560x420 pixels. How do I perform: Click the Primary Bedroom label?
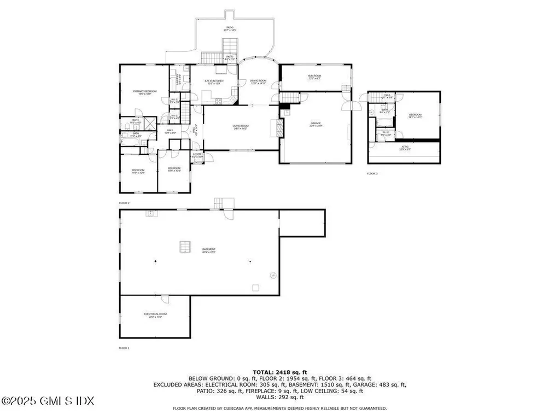tap(144, 92)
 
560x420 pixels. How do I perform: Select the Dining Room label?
tap(258, 83)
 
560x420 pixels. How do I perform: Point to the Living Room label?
tap(241, 127)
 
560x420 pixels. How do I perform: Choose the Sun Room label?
tap(314, 77)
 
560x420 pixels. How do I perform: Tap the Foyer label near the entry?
tap(196, 156)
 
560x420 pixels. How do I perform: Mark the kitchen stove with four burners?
tap(218, 101)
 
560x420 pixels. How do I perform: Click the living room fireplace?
tap(278, 127)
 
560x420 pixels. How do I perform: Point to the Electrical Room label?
tap(155, 315)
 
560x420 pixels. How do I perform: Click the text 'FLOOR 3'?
tap(372, 173)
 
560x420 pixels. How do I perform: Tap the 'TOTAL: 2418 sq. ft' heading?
tap(279, 372)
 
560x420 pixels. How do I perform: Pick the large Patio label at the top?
tap(230, 28)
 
